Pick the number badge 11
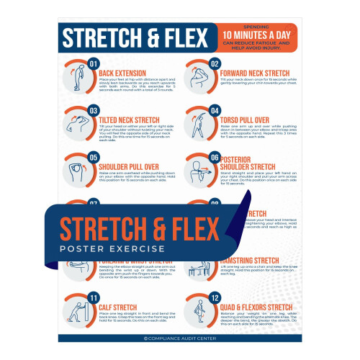click(x=94, y=297)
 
